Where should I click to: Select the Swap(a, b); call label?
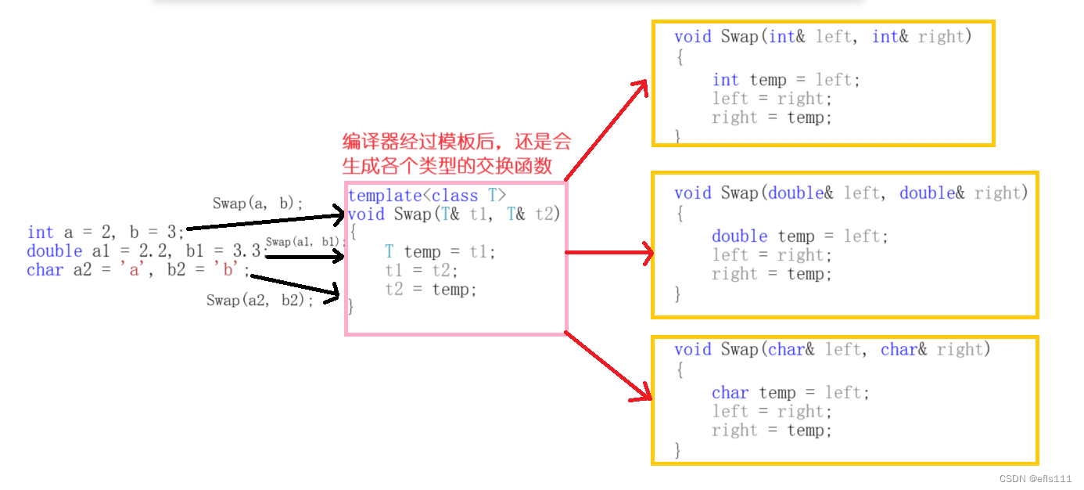(x=258, y=204)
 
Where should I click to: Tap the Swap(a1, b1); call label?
(x=305, y=242)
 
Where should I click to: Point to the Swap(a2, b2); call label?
(x=260, y=301)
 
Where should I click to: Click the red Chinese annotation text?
(x=457, y=153)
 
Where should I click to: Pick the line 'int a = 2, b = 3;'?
(x=106, y=232)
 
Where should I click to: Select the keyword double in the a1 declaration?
(x=55, y=251)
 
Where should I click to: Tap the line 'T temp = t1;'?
(x=440, y=252)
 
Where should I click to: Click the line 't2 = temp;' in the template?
(x=431, y=290)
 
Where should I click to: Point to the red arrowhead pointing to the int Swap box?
(x=640, y=88)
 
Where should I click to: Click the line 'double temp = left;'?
(x=800, y=236)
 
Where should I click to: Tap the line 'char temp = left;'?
(x=791, y=393)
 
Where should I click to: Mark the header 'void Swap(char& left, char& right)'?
(x=832, y=349)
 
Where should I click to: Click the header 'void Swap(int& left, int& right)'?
(x=823, y=37)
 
